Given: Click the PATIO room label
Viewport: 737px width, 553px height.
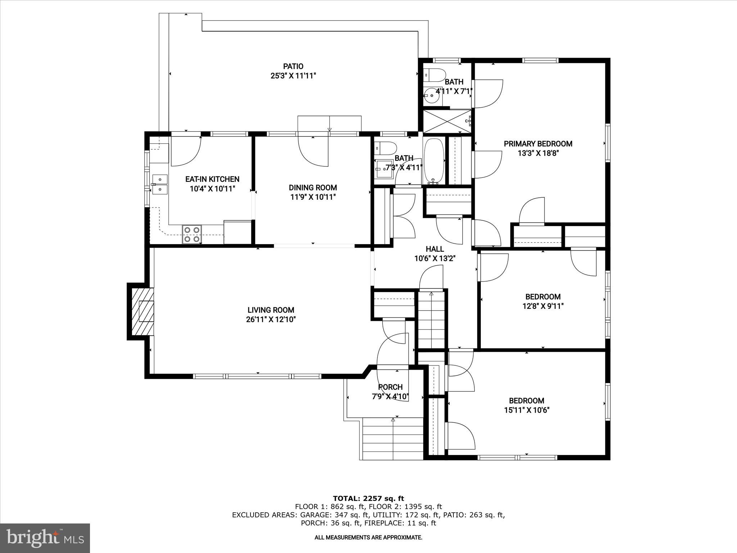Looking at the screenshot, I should click(x=293, y=66).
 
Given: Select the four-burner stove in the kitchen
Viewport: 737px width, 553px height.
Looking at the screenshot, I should click(x=191, y=234).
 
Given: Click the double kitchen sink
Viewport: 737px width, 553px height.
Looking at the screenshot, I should click(x=159, y=184).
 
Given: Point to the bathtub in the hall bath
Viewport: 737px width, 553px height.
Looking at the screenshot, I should click(x=434, y=161).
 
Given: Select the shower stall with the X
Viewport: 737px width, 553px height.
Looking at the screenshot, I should click(x=447, y=121).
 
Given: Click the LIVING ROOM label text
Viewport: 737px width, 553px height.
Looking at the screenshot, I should click(x=271, y=310).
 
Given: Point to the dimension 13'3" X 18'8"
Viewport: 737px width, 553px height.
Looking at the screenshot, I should click(x=538, y=153).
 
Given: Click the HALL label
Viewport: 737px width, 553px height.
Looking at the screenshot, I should click(x=435, y=249).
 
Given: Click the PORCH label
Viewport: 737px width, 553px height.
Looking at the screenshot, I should click(x=390, y=387).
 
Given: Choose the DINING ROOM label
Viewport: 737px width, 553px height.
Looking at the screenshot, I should click(x=313, y=188).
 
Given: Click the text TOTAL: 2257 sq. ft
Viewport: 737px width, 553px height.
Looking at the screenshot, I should click(x=368, y=499).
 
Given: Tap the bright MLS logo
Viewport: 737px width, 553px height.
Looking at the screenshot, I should click(x=45, y=538).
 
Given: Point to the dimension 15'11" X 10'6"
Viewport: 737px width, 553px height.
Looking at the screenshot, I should click(x=526, y=410).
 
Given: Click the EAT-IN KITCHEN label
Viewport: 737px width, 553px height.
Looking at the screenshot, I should click(x=212, y=179).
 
